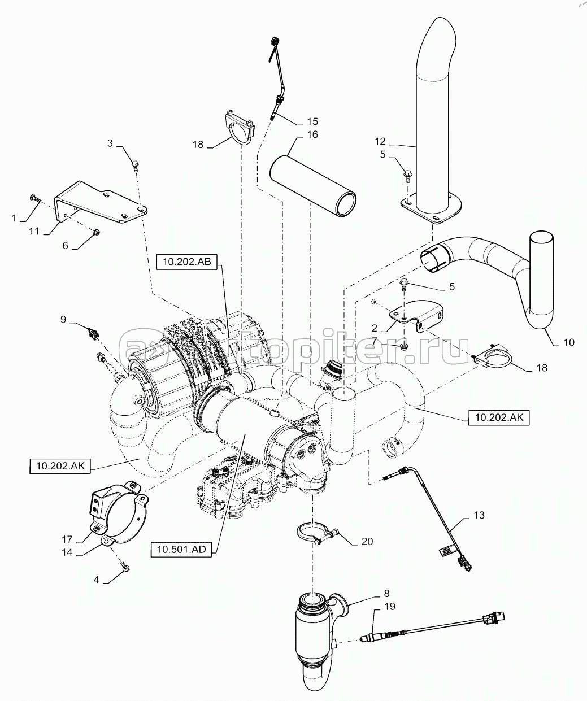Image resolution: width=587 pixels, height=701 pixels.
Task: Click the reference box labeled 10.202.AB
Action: pos(186,262)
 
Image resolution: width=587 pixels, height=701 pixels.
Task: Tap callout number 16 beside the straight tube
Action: pos(312,134)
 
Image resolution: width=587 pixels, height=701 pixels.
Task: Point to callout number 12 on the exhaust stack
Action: pos(380,141)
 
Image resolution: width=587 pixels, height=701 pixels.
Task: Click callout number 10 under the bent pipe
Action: pos(569,342)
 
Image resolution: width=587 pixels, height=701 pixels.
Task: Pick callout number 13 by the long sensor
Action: pos(479,515)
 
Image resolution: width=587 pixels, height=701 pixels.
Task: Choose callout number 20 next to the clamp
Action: pos(367,541)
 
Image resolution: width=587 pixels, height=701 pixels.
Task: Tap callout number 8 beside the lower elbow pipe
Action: pos(386,593)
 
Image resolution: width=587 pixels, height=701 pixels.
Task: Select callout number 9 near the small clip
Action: pos(63,319)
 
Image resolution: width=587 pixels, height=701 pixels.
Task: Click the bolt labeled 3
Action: pos(136,166)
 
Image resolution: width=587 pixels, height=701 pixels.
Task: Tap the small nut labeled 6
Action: pos(95,232)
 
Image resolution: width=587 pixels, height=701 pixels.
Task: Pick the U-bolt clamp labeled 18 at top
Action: pos(239,127)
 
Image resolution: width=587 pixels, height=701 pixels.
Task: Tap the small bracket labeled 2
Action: pos(416,315)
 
